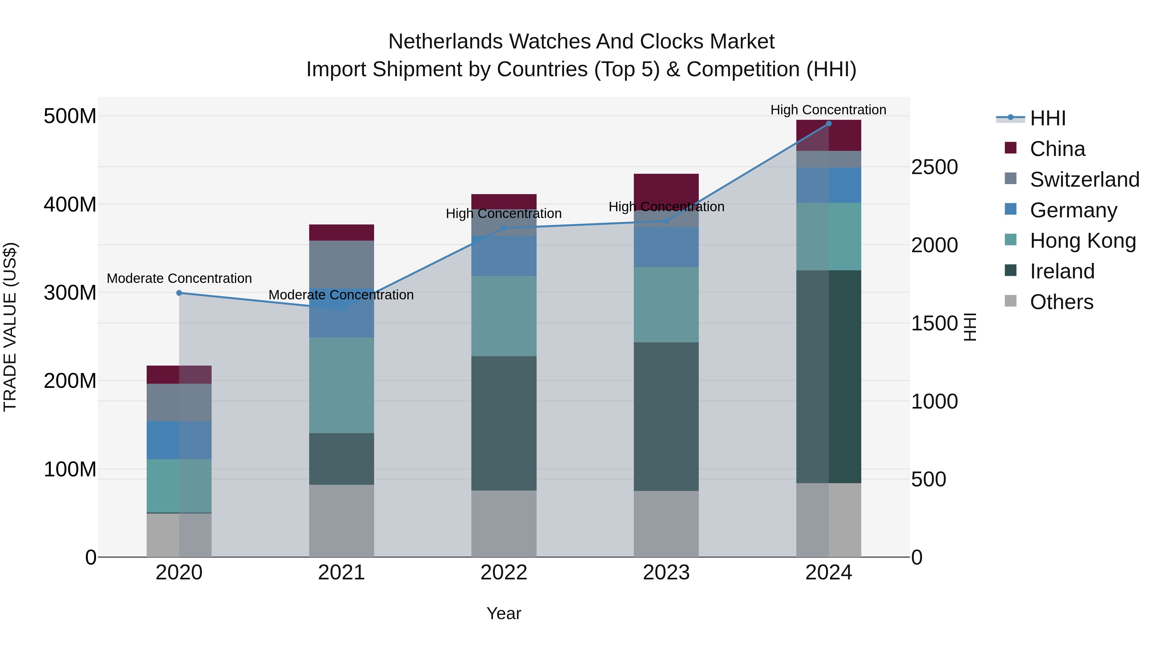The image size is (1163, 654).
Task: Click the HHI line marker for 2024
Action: coord(828,124)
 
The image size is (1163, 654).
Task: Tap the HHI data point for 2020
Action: coord(179,293)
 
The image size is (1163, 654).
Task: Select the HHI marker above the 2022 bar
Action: coord(504,228)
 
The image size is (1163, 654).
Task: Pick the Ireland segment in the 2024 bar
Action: coord(828,377)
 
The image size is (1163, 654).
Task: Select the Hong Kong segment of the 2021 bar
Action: coord(341,385)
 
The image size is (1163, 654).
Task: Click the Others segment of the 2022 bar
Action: coord(504,524)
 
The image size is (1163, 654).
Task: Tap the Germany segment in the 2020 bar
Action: coord(179,440)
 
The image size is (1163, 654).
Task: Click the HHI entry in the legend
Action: coord(1047,118)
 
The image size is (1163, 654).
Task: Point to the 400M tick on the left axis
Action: coord(70,204)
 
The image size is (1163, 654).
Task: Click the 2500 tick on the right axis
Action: coord(934,167)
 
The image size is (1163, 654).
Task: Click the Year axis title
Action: coord(504,613)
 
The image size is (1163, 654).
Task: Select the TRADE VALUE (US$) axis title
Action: coord(10,327)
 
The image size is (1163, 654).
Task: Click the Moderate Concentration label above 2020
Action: coord(179,278)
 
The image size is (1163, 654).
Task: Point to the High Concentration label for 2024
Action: coord(828,110)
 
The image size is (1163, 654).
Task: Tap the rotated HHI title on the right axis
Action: coord(970,327)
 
